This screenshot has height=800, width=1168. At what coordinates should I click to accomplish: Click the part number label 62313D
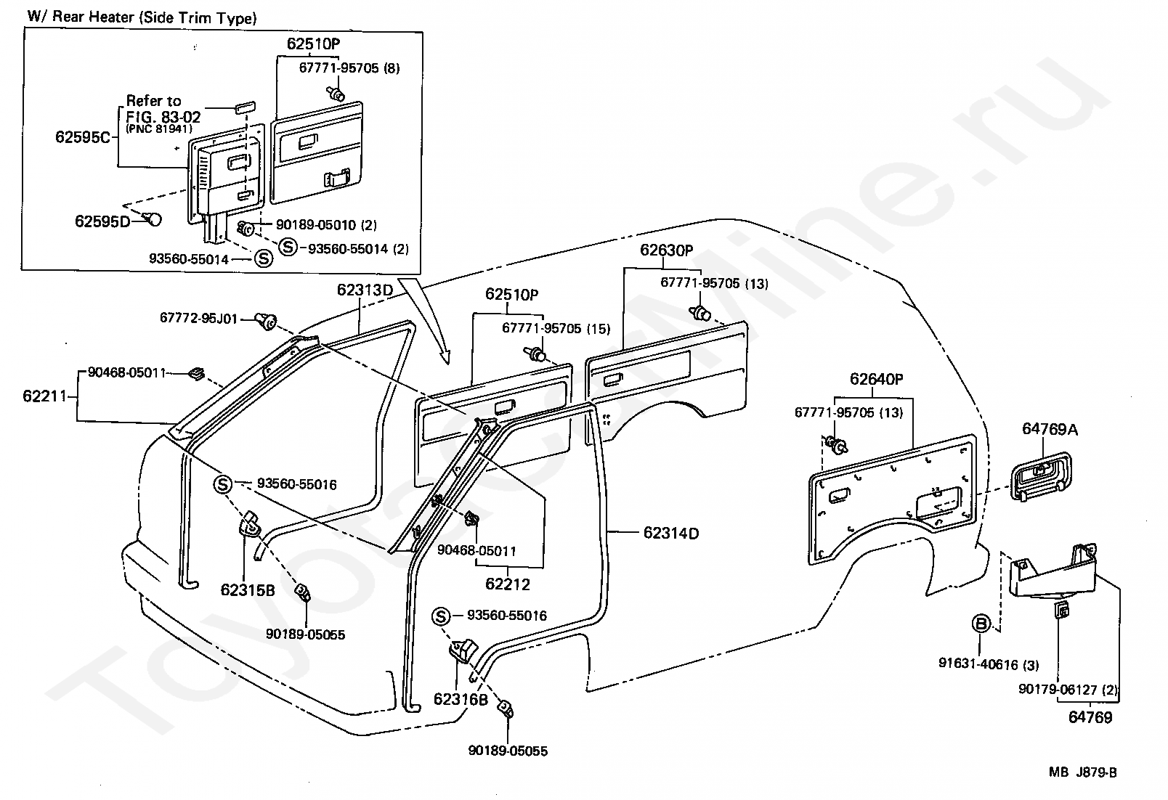[365, 290]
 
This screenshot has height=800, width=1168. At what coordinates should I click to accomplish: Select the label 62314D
[670, 533]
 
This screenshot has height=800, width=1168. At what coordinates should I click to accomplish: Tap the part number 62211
[45, 396]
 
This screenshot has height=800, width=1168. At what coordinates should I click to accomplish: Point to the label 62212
[507, 584]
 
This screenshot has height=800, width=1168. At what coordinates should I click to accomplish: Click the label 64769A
[1050, 429]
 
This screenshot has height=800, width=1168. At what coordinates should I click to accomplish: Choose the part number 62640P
[877, 379]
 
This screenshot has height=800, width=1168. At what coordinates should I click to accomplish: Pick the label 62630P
[666, 250]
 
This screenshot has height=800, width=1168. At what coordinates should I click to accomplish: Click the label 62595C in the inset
[83, 137]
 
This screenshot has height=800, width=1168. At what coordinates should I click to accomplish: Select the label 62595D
[102, 221]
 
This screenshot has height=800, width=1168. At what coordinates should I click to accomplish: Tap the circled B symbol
[981, 624]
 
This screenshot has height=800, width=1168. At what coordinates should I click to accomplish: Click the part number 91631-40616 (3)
[989, 664]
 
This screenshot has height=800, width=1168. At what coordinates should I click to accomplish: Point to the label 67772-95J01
[199, 318]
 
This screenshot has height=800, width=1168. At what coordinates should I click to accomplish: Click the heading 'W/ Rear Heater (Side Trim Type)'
[142, 17]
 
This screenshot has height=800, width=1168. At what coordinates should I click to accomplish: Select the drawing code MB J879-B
[1082, 772]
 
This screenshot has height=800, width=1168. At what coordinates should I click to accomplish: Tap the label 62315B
[248, 590]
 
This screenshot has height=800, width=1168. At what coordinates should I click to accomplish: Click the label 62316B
[461, 699]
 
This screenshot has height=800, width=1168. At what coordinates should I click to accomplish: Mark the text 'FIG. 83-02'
[163, 117]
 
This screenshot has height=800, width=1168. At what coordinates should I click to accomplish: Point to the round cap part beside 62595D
[154, 219]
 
